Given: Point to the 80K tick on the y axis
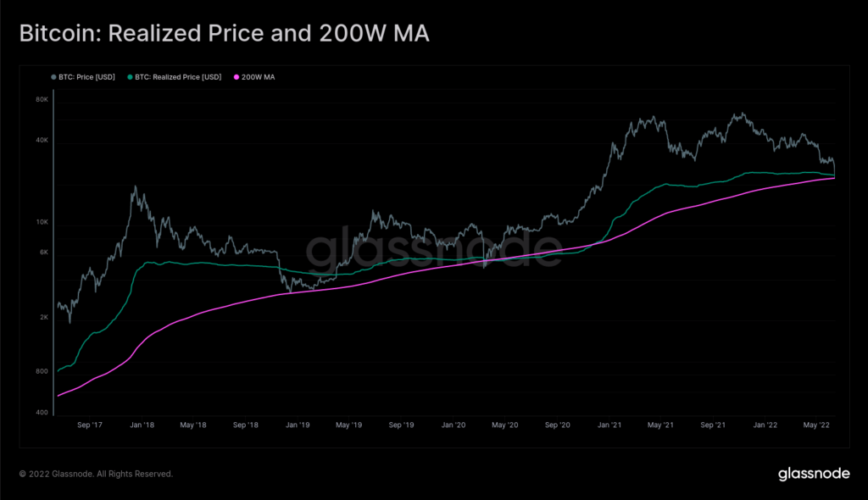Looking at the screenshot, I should click(x=42, y=99).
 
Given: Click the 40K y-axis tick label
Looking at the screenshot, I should click(x=42, y=141).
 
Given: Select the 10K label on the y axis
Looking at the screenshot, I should click(x=42, y=222).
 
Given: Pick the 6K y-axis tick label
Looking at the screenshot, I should click(x=43, y=253).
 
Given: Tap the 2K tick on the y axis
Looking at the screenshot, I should click(x=43, y=317).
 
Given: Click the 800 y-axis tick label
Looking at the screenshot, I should click(x=42, y=371).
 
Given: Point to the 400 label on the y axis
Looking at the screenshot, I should click(x=42, y=413).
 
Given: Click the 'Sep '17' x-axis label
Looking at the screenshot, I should click(x=90, y=425).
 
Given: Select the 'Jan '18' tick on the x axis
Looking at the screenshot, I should click(x=142, y=425).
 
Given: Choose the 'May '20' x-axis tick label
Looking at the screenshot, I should click(x=505, y=425).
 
